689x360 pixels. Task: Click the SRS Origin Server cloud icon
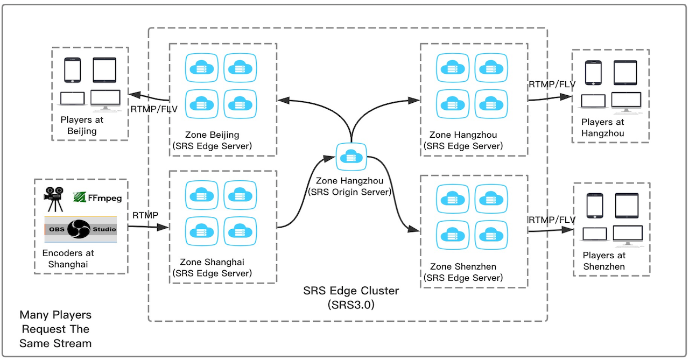click(351, 157)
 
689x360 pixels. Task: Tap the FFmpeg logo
click(97, 197)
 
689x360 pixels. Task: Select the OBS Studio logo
click(81, 229)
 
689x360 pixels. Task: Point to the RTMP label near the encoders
click(145, 215)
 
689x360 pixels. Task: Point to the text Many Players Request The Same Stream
click(55, 329)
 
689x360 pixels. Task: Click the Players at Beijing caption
click(82, 125)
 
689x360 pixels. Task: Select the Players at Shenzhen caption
click(604, 261)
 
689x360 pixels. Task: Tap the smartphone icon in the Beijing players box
click(72, 70)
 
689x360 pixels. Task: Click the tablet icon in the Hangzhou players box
click(625, 72)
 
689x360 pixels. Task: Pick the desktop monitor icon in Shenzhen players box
click(628, 235)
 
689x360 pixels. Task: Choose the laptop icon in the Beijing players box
click(72, 99)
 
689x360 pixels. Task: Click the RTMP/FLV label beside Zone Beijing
click(150, 109)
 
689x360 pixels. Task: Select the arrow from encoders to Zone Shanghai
click(148, 227)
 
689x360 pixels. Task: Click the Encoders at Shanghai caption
click(68, 258)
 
